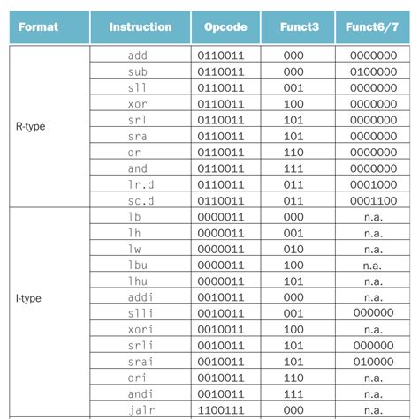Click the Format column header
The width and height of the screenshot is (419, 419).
(x=38, y=26)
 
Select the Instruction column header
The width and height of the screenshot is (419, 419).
(x=141, y=26)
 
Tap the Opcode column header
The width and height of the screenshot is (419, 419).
(x=225, y=26)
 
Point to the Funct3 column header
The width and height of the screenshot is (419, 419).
(x=297, y=26)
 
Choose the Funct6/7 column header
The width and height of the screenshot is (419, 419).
(x=372, y=26)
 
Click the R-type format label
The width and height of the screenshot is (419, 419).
(x=30, y=126)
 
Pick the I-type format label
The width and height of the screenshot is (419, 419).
(x=29, y=298)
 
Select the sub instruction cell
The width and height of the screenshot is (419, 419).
(x=138, y=71)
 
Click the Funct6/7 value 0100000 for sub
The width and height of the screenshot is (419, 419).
(x=372, y=71)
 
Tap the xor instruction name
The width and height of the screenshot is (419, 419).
(x=138, y=104)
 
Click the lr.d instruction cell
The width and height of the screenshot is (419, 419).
(x=138, y=184)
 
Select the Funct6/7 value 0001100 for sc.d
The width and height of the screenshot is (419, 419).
(x=372, y=201)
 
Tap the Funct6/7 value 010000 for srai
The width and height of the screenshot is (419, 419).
(x=372, y=362)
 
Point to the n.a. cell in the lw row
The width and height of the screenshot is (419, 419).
(x=372, y=249)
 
